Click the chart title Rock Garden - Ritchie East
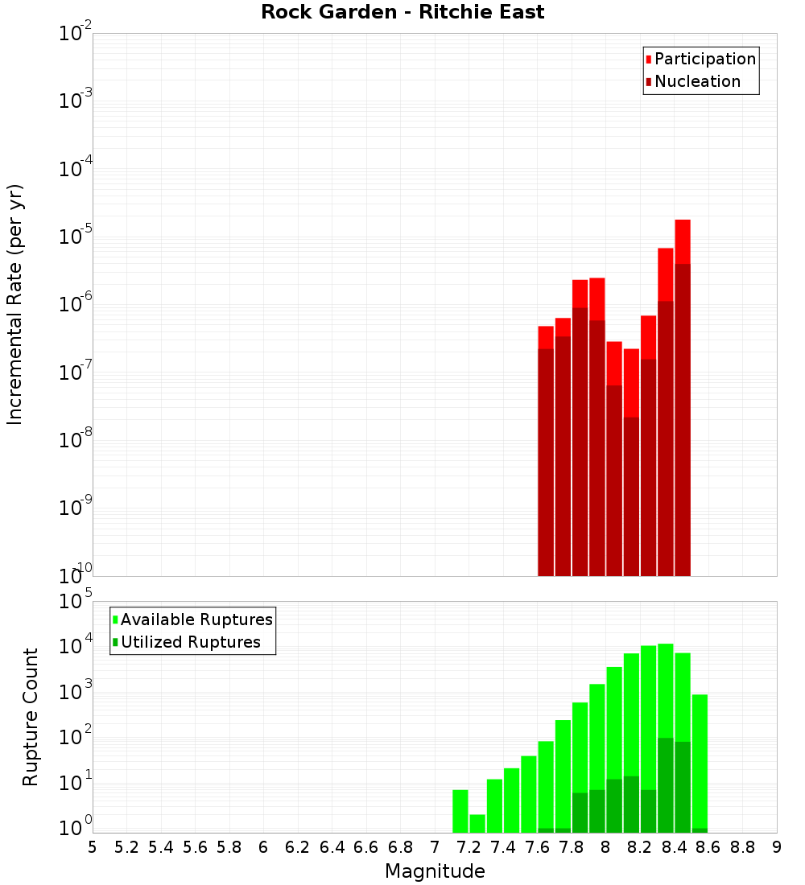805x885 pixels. click(402, 12)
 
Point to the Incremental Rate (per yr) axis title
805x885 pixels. click(15, 305)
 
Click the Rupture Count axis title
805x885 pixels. click(31, 717)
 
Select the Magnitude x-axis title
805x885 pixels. click(435, 871)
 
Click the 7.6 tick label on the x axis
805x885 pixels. click(537, 847)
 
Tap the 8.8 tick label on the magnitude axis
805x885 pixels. click(742, 847)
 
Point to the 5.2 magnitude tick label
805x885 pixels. click(126, 847)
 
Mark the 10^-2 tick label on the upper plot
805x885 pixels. click(74, 34)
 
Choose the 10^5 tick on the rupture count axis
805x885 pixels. click(74, 601)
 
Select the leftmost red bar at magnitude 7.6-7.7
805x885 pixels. click(546, 451)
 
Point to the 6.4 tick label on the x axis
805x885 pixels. click(332, 847)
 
